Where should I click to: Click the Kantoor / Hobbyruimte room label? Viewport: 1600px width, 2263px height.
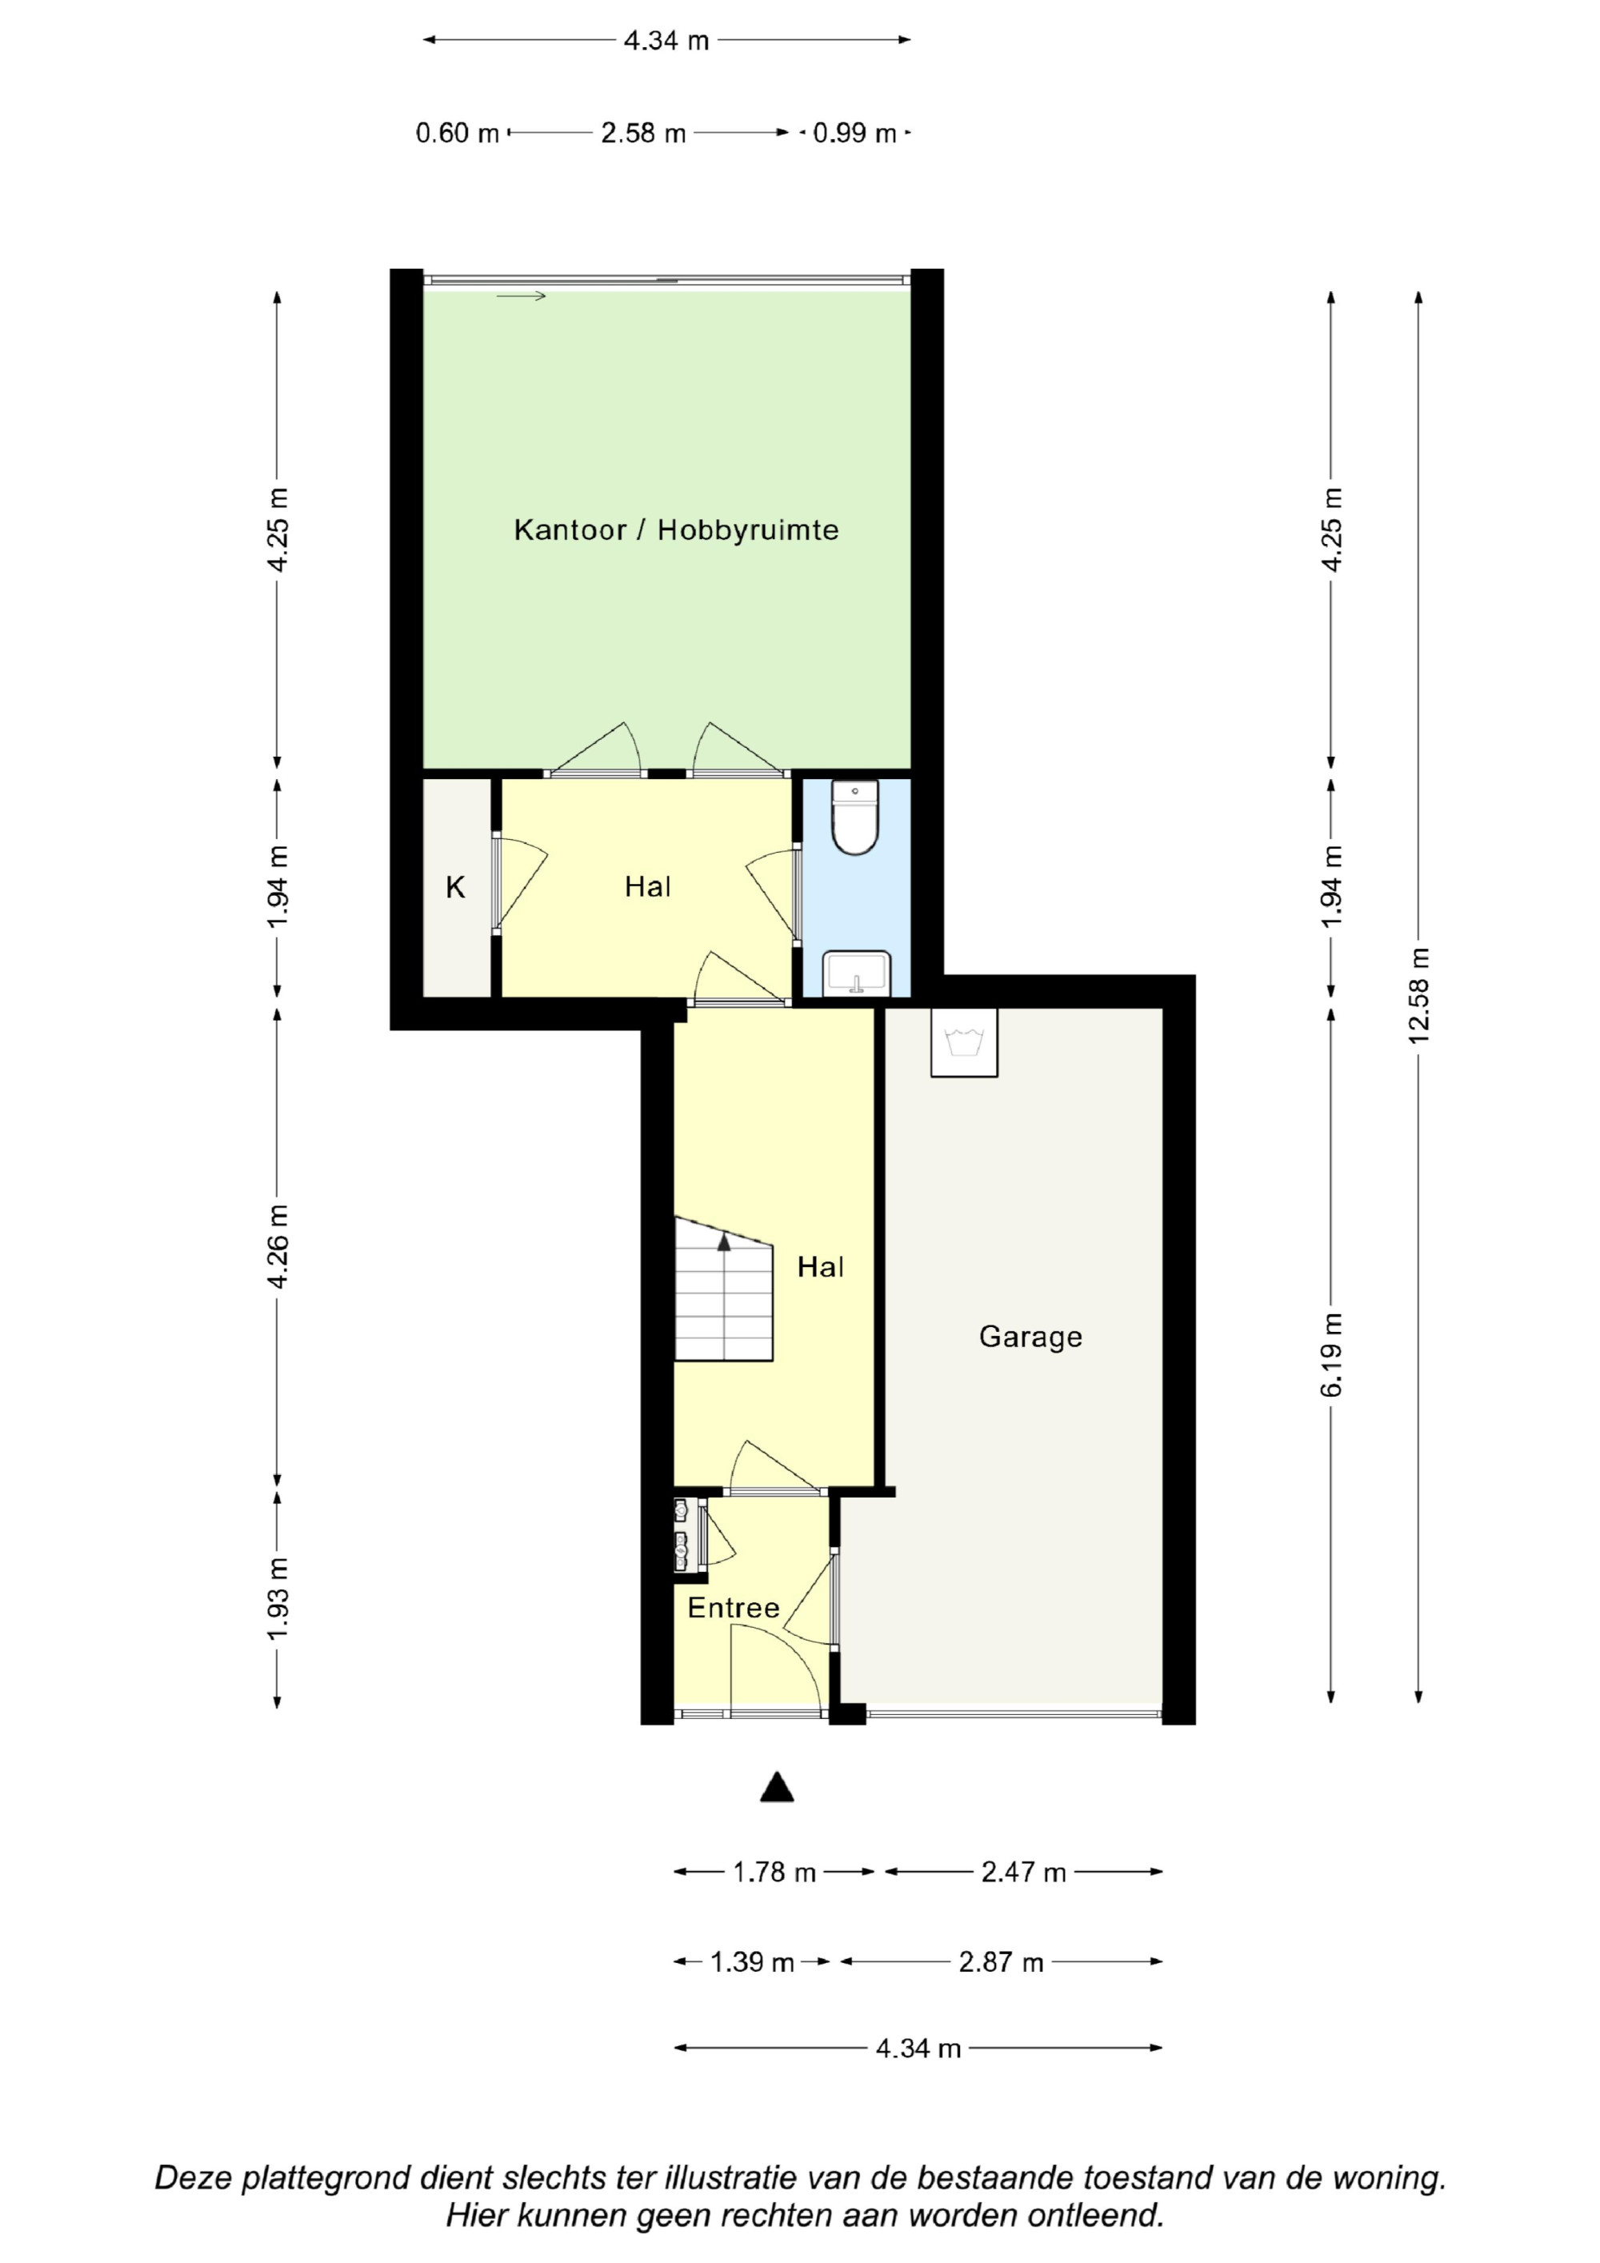click(675, 530)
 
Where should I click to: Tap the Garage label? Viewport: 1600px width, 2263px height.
click(1030, 1337)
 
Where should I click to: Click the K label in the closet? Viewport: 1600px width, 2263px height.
click(454, 887)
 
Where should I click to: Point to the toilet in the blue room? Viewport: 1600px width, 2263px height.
click(854, 817)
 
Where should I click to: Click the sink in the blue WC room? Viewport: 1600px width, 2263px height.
click(857, 974)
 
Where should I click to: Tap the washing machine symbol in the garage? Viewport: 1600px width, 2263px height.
click(964, 1042)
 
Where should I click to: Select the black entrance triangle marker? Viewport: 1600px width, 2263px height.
click(777, 1787)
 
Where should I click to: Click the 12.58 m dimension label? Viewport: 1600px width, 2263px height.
click(1418, 995)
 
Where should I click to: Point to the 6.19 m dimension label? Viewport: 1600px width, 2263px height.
click(1331, 1354)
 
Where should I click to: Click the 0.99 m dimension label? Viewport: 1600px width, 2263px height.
click(854, 132)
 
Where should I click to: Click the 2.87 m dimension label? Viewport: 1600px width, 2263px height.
click(1001, 1961)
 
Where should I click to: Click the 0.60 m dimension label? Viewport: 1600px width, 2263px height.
click(458, 132)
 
